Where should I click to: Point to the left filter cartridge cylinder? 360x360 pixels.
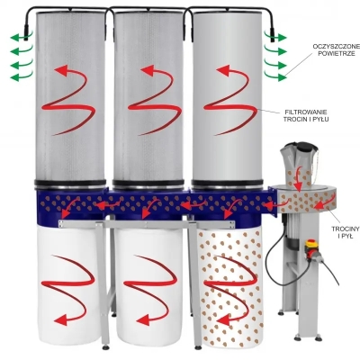(70, 97)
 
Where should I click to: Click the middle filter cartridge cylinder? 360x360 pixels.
(148, 97)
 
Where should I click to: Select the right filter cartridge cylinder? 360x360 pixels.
(227, 97)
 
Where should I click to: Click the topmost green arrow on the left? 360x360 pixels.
(22, 38)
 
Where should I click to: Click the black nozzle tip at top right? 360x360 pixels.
(273, 35)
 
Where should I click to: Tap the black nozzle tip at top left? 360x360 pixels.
(26, 33)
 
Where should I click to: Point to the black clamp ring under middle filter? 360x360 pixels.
(148, 184)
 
